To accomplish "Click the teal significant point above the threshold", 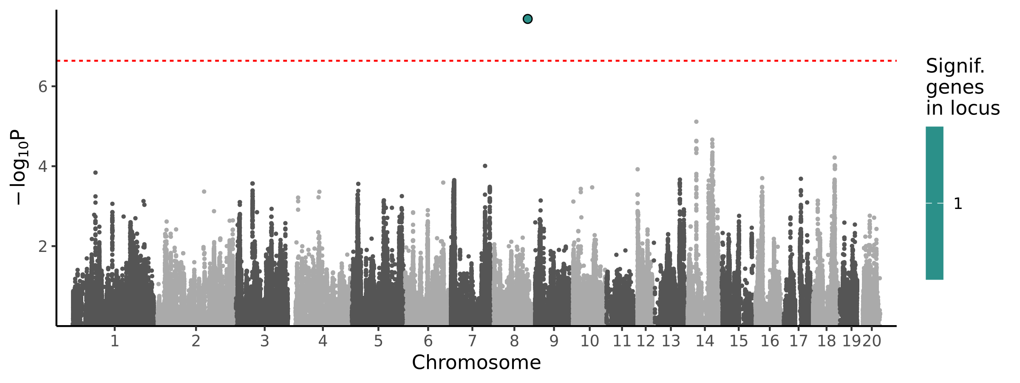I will click(x=527, y=19).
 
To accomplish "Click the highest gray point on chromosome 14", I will click(x=696, y=122).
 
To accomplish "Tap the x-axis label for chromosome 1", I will click(x=114, y=341).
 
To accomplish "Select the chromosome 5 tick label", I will click(x=378, y=341).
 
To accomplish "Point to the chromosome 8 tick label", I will click(x=514, y=341).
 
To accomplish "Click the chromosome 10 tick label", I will click(x=589, y=341).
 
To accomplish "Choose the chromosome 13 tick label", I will click(x=671, y=341).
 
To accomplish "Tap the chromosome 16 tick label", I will click(x=770, y=341).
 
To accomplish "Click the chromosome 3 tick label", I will click(x=264, y=341).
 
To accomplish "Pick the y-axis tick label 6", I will click(x=42, y=87).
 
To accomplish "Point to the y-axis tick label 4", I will click(x=42, y=166).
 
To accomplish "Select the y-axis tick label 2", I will click(x=42, y=246).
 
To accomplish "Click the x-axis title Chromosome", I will click(x=476, y=363).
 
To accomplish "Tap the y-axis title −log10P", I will click(x=19, y=168).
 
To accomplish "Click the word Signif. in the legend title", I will click(x=955, y=66).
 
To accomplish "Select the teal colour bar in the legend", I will click(x=934, y=203).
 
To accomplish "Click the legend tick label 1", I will click(x=958, y=204).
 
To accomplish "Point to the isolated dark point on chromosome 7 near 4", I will click(x=485, y=166).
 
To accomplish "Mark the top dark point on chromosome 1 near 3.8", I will click(x=96, y=173).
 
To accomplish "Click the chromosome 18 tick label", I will click(x=826, y=341).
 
